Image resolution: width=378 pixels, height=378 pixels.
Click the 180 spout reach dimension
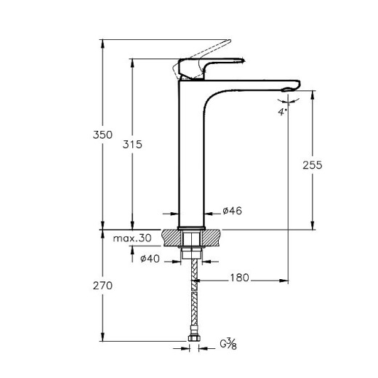[241, 277]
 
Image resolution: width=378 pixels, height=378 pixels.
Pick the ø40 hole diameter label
[150, 259]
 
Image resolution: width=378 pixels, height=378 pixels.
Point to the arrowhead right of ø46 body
[206, 213]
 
